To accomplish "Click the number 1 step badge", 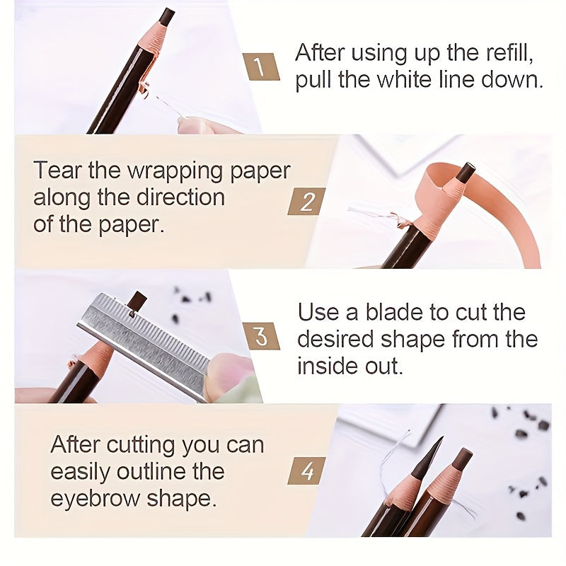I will click(x=260, y=67).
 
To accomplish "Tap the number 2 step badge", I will click(x=306, y=202).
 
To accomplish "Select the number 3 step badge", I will click(x=261, y=336).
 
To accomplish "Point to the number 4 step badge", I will click(x=306, y=470).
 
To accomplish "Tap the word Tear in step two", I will click(x=56, y=171).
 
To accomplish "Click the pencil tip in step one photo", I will click(x=167, y=16).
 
